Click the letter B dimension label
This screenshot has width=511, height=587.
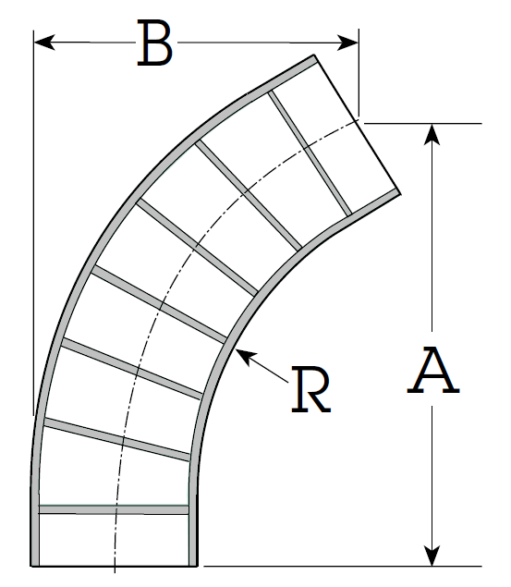click(x=155, y=43)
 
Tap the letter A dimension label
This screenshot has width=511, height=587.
click(x=433, y=370)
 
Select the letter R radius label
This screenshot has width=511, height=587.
click(x=310, y=389)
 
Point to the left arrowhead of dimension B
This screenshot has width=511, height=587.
click(x=44, y=42)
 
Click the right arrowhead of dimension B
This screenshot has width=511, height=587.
click(x=347, y=43)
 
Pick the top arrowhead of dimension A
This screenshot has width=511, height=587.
click(x=432, y=134)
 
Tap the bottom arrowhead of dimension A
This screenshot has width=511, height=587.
click(x=432, y=556)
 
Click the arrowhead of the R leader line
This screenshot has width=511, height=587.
click(x=245, y=356)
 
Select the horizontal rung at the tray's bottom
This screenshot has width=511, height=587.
click(x=114, y=509)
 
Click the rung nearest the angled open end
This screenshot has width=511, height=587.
click(x=310, y=153)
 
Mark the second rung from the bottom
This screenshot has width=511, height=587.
click(x=117, y=439)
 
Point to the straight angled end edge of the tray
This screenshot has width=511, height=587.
click(x=358, y=124)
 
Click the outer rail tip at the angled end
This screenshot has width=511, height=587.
click(x=314, y=55)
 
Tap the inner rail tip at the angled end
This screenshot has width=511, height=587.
click(x=400, y=193)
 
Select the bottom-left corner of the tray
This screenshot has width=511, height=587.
click(x=30, y=566)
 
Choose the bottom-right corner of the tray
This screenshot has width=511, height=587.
click(x=197, y=566)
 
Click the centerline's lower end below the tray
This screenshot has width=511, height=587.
click(x=115, y=572)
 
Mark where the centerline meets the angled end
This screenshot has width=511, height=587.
click(x=357, y=120)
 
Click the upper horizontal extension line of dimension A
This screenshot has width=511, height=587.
click(x=422, y=123)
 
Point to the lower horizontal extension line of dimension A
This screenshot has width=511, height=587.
click(x=342, y=566)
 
